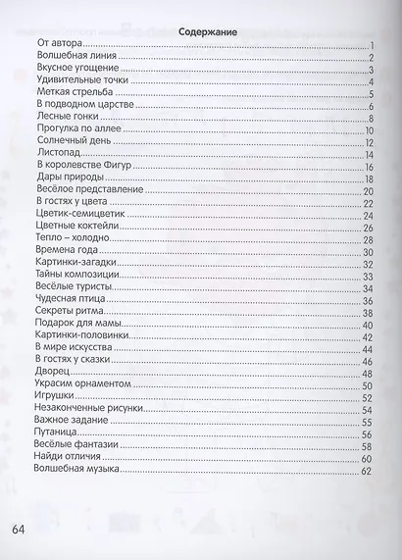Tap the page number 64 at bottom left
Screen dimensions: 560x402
point(20,531)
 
